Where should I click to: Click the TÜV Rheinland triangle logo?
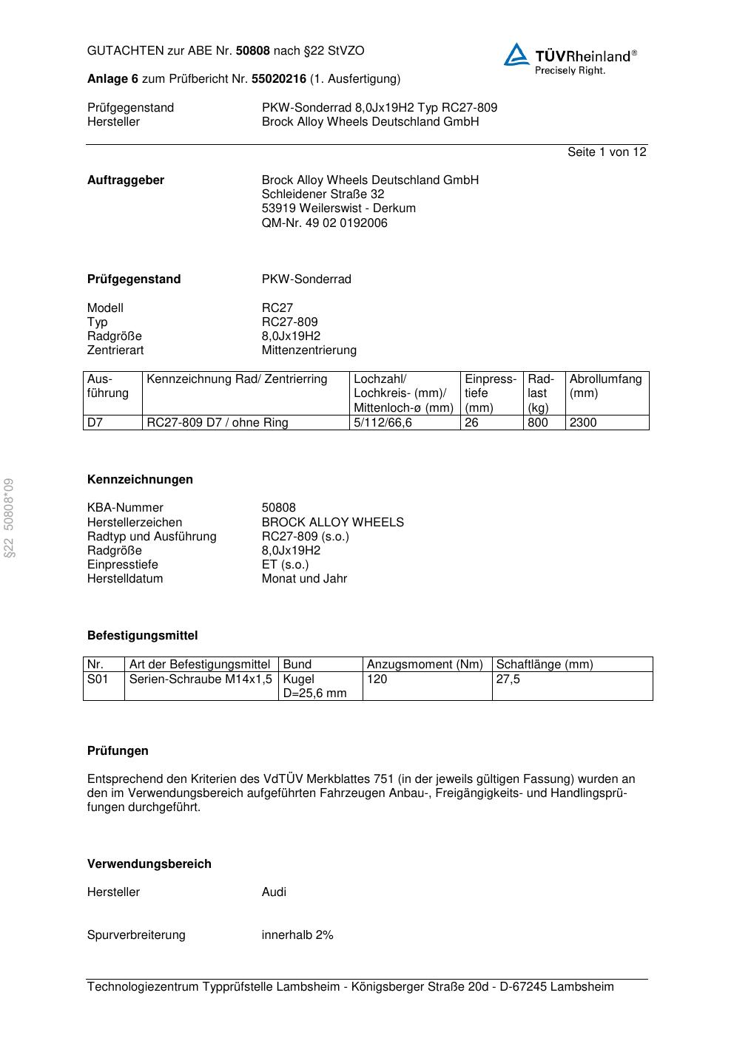pyautogui.click(x=516, y=55)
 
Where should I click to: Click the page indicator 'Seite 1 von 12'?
pyautogui.click(x=607, y=152)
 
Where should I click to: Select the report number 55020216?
pyautogui.click(x=279, y=78)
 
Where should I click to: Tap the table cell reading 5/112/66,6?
pyautogui.click(x=383, y=423)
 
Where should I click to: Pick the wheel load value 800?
pyautogui.click(x=538, y=423)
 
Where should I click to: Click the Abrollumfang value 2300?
pyautogui.click(x=583, y=423)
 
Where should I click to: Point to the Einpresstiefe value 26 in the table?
pyautogui.click(x=472, y=423)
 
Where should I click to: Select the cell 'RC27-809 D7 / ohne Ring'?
pyautogui.click(x=218, y=423)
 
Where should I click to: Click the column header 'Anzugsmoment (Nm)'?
pyautogui.click(x=425, y=664)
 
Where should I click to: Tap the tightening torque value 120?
pyautogui.click(x=377, y=679)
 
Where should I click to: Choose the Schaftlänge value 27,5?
pyautogui.click(x=508, y=679)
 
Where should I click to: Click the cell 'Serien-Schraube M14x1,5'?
pyautogui.click(x=201, y=679)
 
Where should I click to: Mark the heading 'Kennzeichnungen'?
pyautogui.click(x=140, y=479)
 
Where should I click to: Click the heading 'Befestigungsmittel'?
pyautogui.click(x=142, y=635)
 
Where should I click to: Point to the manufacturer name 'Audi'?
pyautogui.click(x=274, y=892)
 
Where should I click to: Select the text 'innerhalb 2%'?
pyautogui.click(x=297, y=934)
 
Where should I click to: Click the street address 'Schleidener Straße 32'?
pyautogui.click(x=323, y=194)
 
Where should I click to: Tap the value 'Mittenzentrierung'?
pyautogui.click(x=309, y=350)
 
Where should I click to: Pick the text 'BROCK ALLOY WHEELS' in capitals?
pyautogui.click(x=333, y=522)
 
